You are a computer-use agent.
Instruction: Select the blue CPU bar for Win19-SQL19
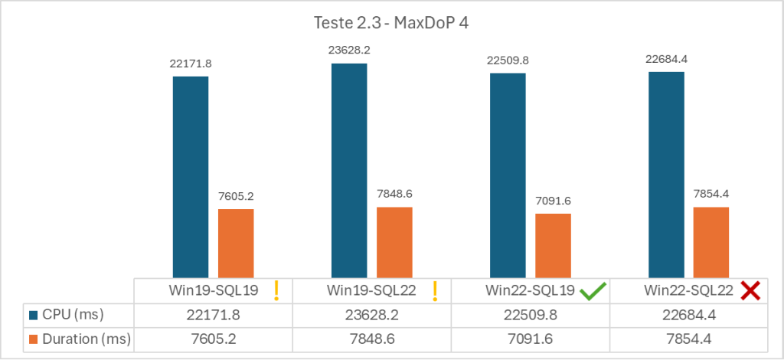tap(190, 176)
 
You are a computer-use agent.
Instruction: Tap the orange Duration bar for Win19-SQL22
tap(394, 241)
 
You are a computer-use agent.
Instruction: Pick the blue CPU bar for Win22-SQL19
tap(508, 175)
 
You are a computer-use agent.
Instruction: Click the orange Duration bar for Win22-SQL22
tap(710, 241)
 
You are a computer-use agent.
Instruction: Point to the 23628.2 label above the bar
tap(349, 50)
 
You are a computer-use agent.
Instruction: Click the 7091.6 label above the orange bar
tap(553, 201)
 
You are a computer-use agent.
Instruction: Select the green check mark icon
tap(593, 290)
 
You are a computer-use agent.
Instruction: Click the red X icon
tap(750, 290)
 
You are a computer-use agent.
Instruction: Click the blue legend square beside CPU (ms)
tap(34, 315)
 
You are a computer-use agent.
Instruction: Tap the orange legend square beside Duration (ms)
tap(34, 339)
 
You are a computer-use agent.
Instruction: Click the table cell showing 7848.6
tap(371, 339)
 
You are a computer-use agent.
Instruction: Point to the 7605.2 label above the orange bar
tap(236, 195)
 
